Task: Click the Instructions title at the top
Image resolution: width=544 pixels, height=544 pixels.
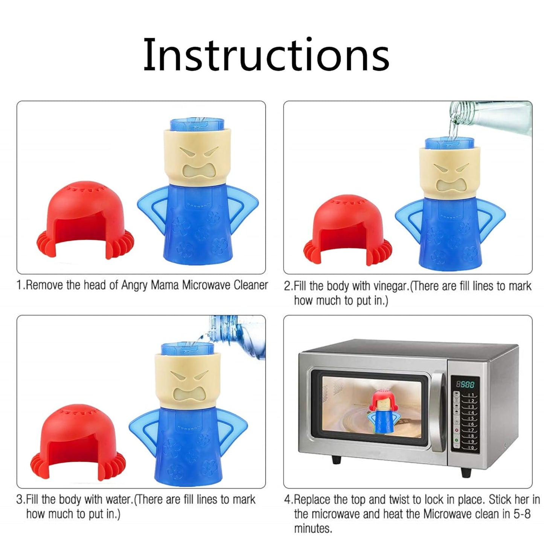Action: click(266, 55)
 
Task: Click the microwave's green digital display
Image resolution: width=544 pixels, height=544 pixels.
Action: click(465, 385)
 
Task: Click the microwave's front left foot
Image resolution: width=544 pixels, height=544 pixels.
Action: click(336, 460)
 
